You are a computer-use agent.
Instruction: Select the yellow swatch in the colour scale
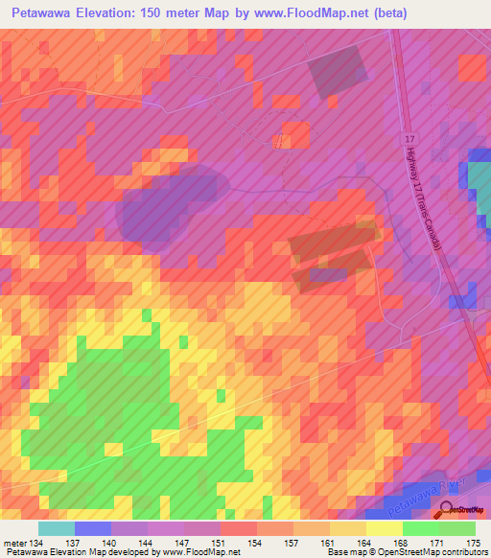pos(384,528)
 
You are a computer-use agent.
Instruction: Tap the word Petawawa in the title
pos(45,13)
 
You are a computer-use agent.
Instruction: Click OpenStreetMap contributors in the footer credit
pos(439,553)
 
